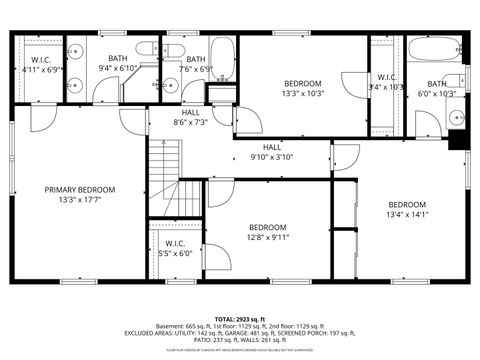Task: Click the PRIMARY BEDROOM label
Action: coord(79,189)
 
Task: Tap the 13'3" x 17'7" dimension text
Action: coord(79,200)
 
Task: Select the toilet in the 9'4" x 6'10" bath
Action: coord(146,48)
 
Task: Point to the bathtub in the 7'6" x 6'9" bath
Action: coord(223,58)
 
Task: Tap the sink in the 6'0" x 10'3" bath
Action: coord(456,117)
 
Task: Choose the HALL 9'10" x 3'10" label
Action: coord(272,152)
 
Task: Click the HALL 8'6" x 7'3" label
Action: coord(190,118)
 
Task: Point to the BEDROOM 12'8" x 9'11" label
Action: coord(268,232)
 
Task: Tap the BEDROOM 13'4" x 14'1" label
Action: coord(407,209)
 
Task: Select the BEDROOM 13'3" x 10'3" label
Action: coord(302,88)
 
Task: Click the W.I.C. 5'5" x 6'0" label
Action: coord(176,248)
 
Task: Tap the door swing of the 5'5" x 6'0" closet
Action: coord(217,258)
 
